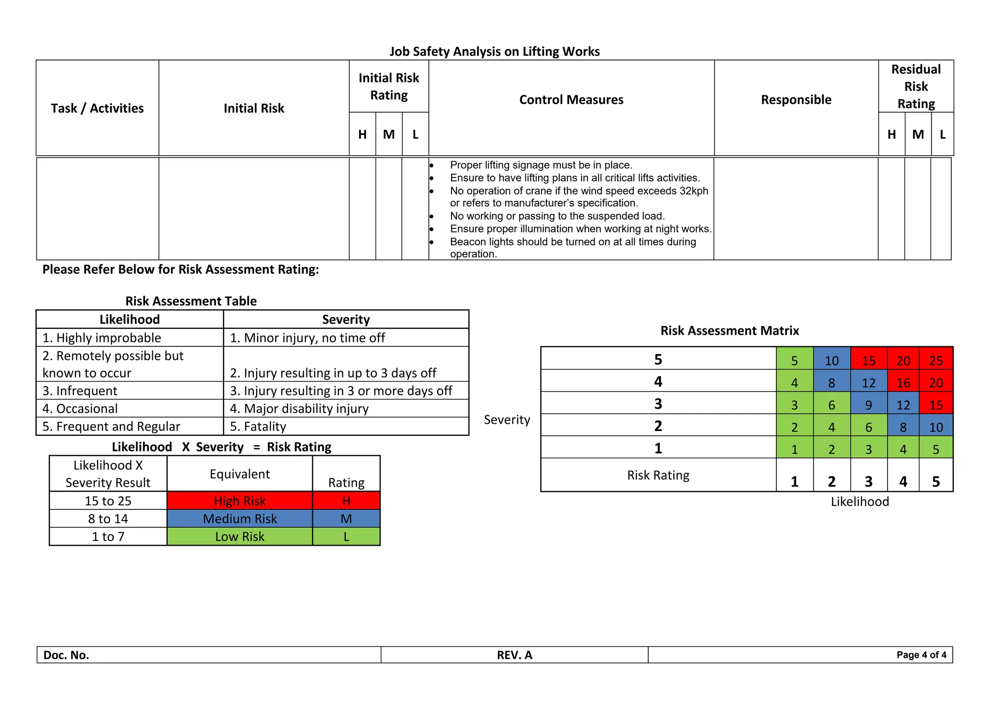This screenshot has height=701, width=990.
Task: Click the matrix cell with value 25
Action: point(936,360)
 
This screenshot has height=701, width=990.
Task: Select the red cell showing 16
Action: point(903,383)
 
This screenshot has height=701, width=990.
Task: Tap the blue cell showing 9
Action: point(868,405)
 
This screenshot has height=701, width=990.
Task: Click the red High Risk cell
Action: point(240,501)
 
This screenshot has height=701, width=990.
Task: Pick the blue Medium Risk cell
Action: point(240,519)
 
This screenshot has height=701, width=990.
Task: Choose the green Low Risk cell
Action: point(240,537)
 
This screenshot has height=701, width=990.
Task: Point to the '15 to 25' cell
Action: point(108,501)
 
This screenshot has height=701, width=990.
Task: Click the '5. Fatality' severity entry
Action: point(258,426)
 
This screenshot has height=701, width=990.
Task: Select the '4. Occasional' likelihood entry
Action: point(80,408)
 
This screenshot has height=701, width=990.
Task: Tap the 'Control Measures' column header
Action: point(571,100)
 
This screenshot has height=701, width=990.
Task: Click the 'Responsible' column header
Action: point(796,100)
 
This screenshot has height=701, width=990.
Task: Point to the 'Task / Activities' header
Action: point(97,108)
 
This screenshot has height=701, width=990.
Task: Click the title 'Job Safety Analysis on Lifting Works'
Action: point(495,51)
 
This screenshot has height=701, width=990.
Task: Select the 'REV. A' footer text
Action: point(514,655)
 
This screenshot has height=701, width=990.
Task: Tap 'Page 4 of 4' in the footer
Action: point(921,655)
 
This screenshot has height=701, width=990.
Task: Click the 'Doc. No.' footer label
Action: point(66,655)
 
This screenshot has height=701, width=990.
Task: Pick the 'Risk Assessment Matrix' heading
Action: point(729,330)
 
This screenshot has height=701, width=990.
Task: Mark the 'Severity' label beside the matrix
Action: point(507,419)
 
